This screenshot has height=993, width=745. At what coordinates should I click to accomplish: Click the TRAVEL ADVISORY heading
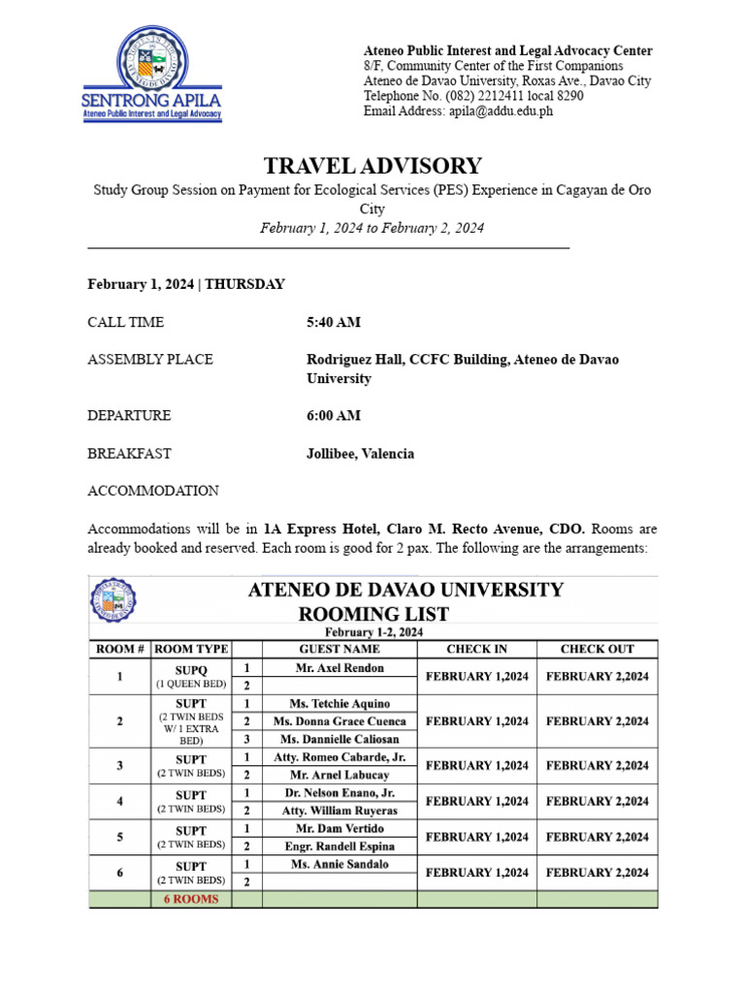pos(372,166)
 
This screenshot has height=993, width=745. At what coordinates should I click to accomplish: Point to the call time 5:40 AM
pos(334,322)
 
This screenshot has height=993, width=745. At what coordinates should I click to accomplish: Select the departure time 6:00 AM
pos(334,415)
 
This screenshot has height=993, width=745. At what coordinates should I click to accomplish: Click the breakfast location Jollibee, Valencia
pos(360,453)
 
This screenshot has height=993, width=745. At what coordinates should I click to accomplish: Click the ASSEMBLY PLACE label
pos(150,359)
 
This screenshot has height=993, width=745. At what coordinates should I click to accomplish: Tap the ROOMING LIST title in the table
pos(373,613)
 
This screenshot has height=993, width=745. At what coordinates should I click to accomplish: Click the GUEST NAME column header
pos(340,649)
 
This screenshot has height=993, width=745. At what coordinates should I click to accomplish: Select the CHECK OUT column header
pos(597,649)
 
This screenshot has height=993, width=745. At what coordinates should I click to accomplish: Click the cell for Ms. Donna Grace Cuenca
pos(340,721)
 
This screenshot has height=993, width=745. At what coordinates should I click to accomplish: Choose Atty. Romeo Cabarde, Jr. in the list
pos(340,756)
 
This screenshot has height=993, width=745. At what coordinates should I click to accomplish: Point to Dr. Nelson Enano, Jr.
pos(340,792)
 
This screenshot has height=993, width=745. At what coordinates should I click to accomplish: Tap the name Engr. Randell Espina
pos(340,847)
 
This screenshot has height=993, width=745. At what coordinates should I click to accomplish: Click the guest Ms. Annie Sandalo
pos(340,864)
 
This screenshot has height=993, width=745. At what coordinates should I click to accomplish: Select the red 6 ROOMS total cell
pos(190,899)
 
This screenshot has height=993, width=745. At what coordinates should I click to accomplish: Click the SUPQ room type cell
pos(190,676)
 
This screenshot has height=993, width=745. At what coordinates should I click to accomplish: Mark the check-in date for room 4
pos(476,801)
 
